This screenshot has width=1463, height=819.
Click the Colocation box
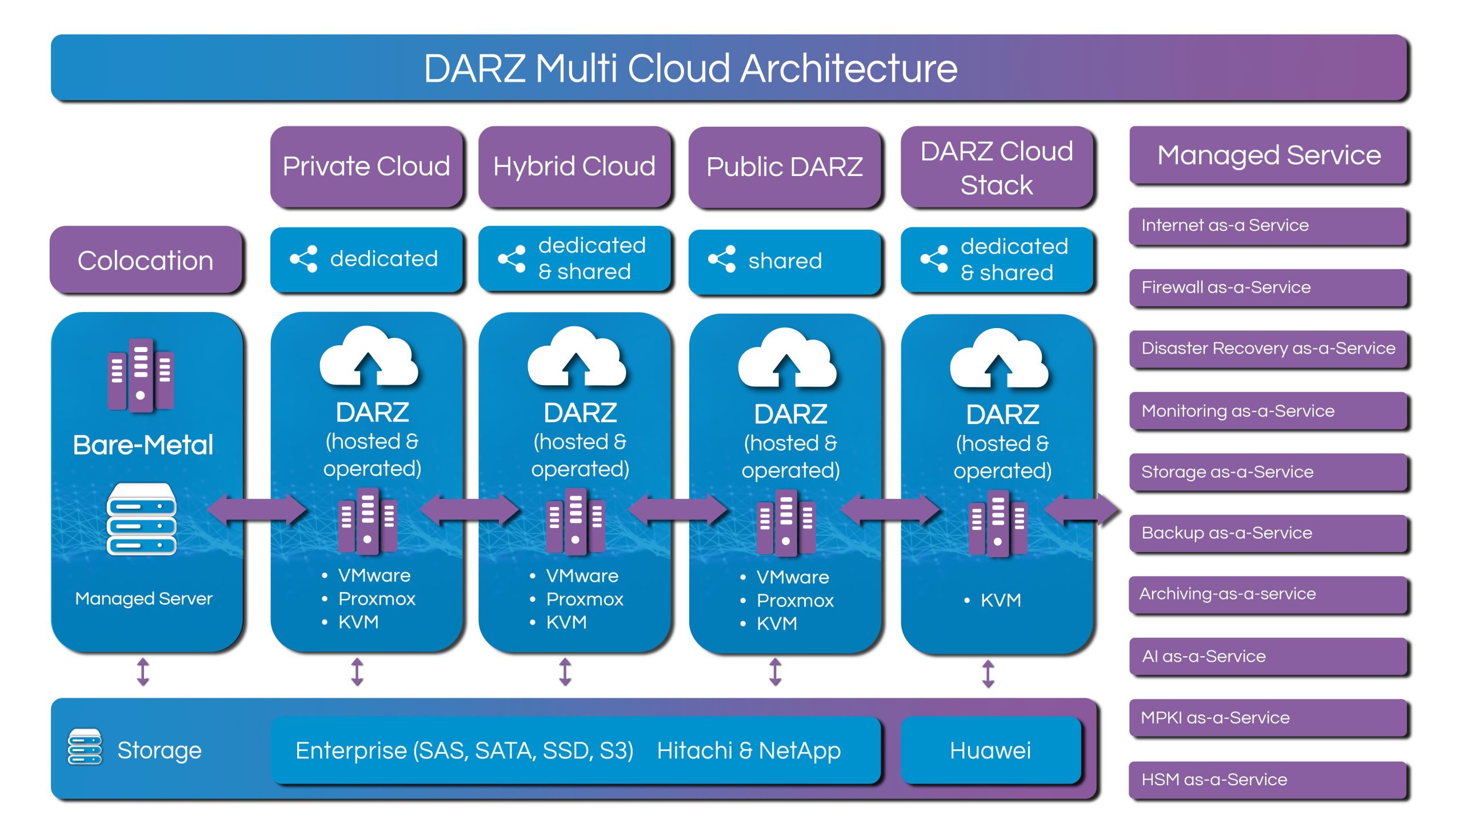click(146, 260)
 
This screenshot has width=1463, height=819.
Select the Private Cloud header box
click(366, 166)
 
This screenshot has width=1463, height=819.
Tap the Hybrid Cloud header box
click(574, 166)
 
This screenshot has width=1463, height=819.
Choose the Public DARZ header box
click(784, 167)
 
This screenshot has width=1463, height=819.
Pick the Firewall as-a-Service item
click(1268, 287)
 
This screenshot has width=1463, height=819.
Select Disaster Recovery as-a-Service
click(1268, 348)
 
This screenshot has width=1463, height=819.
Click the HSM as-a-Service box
click(1268, 779)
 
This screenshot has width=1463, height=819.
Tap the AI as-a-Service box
click(1268, 656)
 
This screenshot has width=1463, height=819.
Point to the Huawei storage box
click(990, 750)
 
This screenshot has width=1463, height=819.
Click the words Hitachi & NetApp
click(749, 750)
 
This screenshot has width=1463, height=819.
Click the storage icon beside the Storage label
click(85, 746)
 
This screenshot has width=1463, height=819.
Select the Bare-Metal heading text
click(143, 445)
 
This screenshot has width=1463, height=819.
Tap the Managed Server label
click(143, 598)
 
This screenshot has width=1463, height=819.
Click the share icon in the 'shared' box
click(722, 259)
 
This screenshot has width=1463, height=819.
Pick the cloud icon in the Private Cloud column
click(369, 357)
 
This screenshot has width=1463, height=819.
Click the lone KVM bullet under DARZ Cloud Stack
click(1000, 600)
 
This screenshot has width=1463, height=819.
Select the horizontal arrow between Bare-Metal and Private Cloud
click(257, 509)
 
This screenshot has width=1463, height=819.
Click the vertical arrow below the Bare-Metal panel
click(143, 672)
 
